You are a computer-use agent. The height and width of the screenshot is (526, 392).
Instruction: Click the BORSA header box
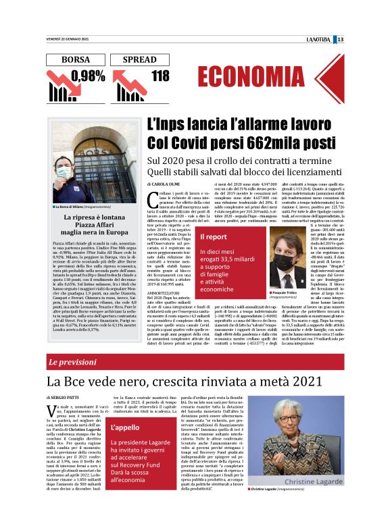[75, 59]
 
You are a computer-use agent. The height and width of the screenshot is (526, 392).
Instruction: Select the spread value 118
[160, 76]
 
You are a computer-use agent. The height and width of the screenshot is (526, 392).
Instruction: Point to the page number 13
[378, 39]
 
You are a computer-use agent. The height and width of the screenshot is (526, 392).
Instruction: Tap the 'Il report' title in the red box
[214, 237]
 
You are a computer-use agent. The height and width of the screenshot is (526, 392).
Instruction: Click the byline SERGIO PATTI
[69, 400]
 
